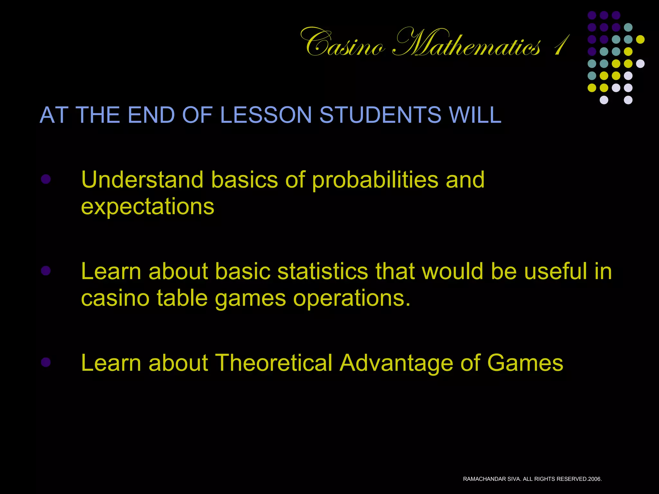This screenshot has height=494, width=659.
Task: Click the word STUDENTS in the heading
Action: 380,115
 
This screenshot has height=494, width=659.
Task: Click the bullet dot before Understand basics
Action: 46,179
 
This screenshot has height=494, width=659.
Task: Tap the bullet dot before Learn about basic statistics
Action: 46,271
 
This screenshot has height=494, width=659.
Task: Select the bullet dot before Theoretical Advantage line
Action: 46,362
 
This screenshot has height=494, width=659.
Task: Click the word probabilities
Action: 375,180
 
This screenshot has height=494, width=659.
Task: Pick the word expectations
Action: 147,207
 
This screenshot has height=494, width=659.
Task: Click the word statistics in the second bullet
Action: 323,271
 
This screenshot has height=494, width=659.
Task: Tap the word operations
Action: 352,298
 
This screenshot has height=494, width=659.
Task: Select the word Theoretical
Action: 274,363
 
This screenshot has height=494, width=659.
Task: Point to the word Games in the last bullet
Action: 525,363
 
